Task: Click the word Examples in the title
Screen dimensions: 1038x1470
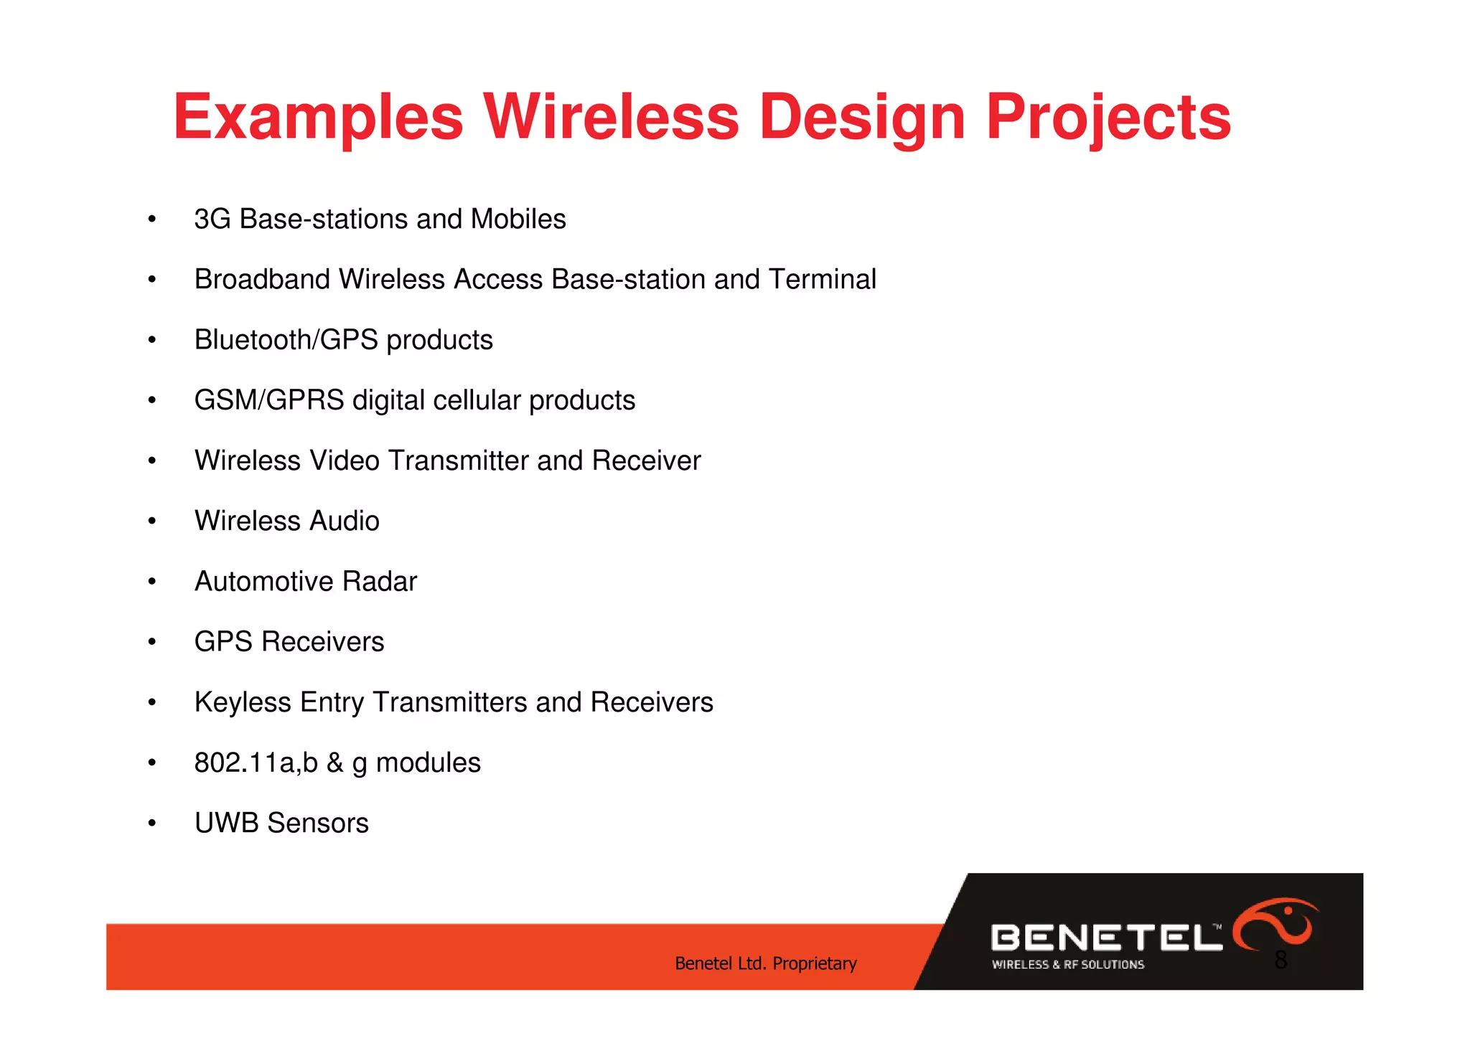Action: (318, 118)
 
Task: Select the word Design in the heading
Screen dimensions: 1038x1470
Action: (861, 118)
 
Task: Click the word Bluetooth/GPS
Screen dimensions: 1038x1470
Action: (285, 340)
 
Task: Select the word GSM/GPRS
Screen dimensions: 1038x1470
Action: (269, 400)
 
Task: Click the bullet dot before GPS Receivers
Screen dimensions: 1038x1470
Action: (151, 642)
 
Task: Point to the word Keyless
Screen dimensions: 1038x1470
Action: (243, 702)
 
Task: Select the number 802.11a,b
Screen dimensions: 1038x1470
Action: (256, 763)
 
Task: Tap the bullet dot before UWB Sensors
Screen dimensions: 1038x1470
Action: (151, 824)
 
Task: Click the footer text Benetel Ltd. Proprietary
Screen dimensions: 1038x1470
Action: (765, 963)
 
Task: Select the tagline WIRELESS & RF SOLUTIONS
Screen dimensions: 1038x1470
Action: (1067, 965)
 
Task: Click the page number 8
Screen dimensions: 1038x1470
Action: (1281, 960)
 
